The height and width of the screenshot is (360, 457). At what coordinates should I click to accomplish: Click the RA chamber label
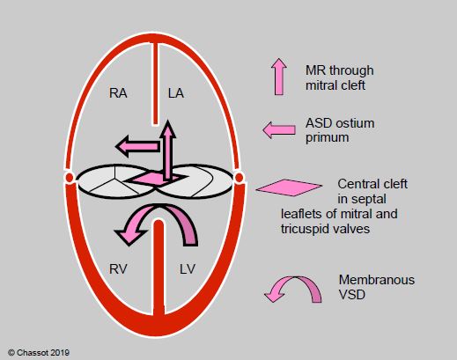118,93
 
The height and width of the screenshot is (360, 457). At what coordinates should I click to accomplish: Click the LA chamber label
176,93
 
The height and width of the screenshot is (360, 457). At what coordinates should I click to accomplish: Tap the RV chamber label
118,269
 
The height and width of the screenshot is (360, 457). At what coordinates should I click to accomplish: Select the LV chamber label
188,269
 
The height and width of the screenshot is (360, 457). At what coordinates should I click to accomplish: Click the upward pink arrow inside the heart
167,150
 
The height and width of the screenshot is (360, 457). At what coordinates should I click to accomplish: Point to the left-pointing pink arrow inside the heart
137,146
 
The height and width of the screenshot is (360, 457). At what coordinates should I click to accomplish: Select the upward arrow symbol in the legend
279,77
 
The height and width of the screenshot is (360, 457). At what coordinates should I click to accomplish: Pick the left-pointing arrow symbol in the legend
279,130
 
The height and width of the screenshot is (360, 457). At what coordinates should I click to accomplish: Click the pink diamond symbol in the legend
289,187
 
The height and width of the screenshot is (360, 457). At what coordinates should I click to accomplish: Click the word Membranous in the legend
377,280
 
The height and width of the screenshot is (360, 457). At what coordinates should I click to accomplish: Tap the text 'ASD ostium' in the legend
340,123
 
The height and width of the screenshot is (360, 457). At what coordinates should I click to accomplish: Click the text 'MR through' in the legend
340,70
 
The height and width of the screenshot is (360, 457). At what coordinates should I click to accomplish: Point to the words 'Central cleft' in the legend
372,184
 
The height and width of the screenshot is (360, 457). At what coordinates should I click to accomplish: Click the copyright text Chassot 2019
39,352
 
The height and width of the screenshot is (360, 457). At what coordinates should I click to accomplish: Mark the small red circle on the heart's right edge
239,177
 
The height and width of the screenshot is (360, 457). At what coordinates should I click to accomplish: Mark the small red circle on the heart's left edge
70,177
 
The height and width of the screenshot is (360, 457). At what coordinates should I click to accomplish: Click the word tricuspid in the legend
305,229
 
